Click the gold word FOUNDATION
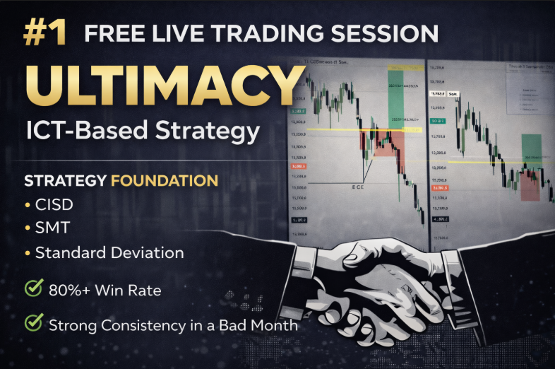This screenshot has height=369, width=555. point(165,181)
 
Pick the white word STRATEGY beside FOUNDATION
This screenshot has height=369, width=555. point(66,181)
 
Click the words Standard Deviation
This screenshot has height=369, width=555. point(109,252)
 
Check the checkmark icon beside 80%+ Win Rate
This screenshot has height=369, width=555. point(33,288)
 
